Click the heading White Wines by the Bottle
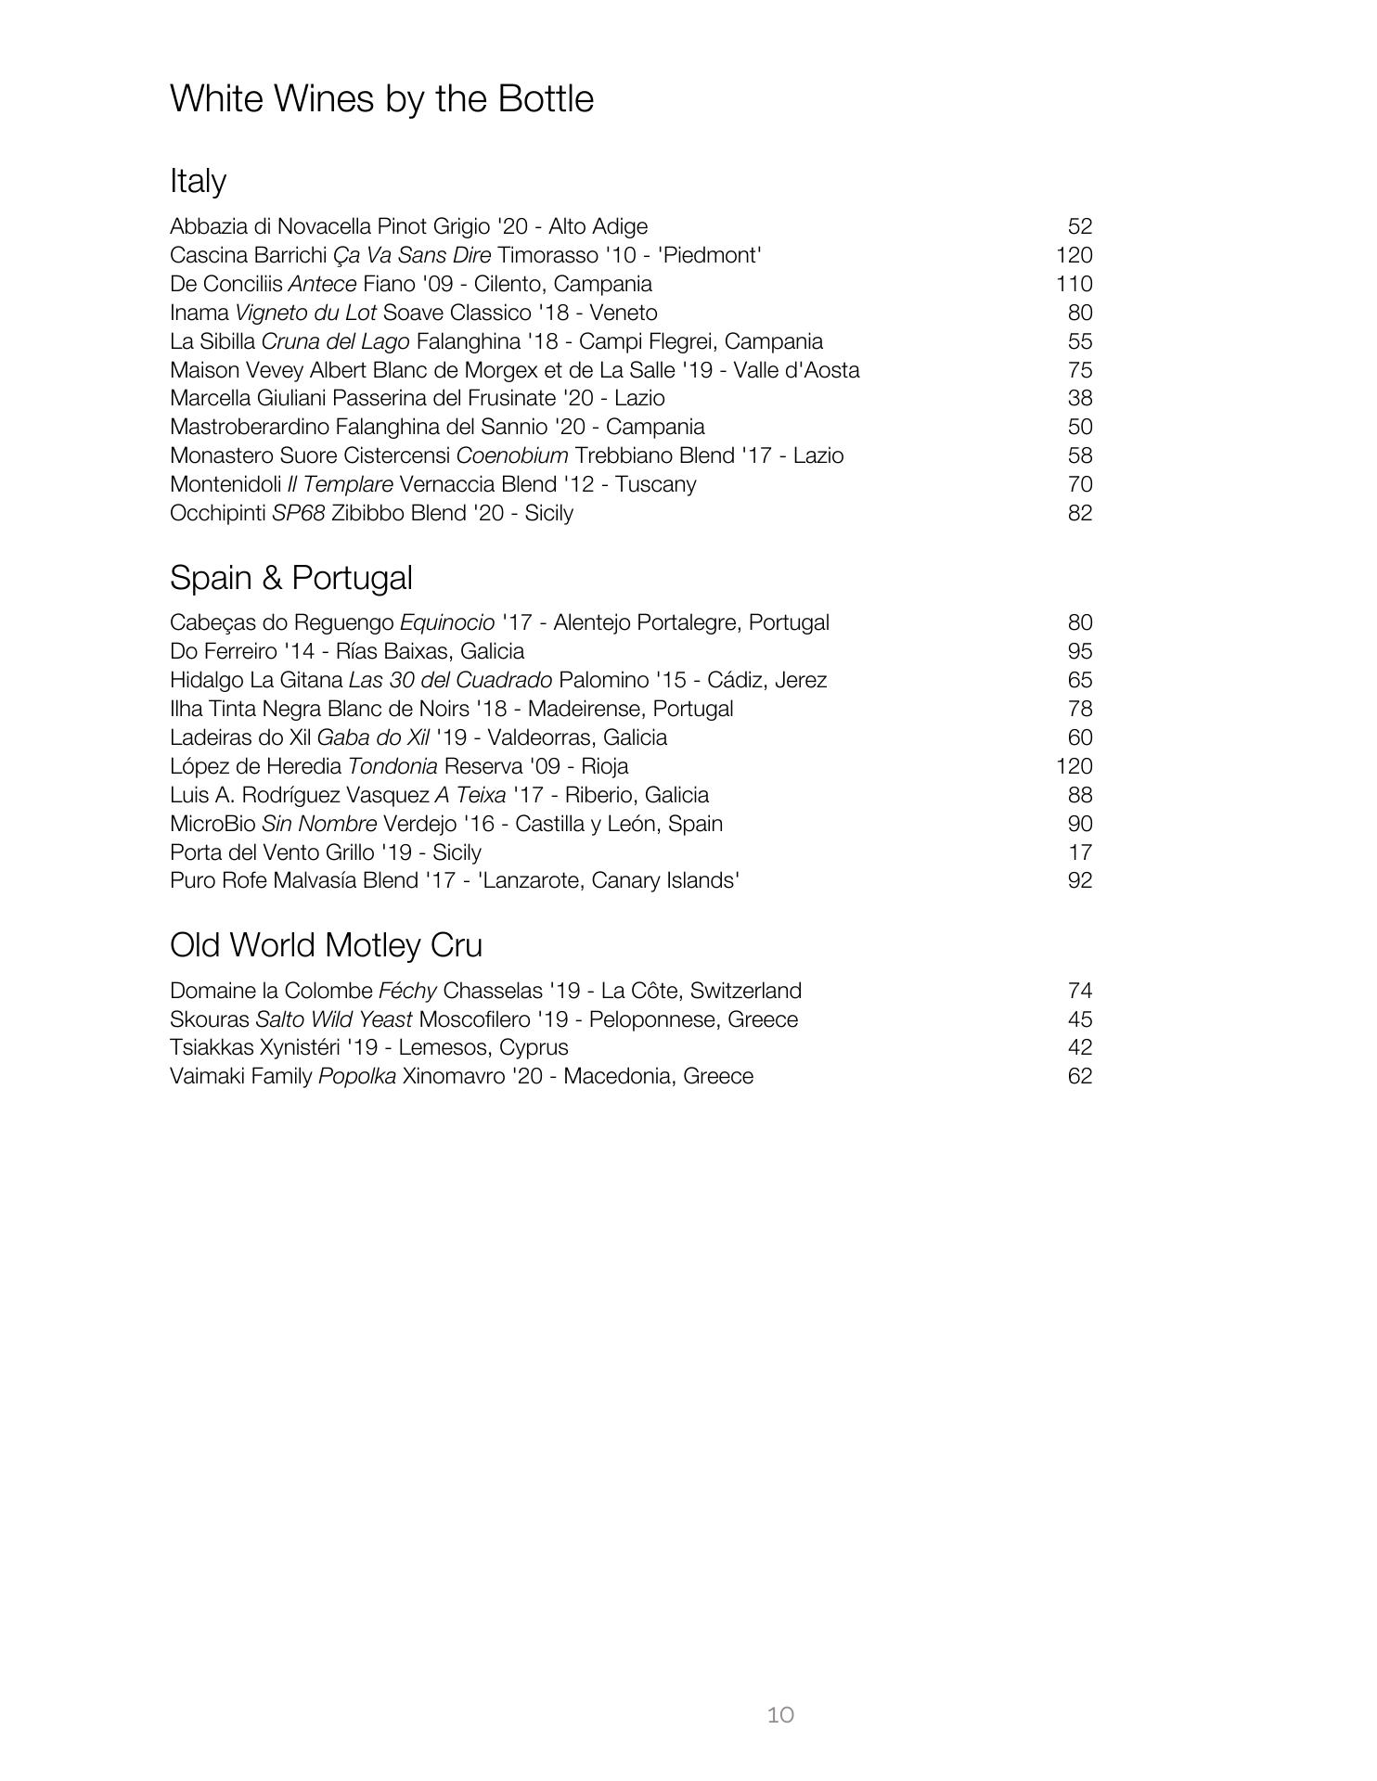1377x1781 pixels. click(381, 99)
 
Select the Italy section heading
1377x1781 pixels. click(198, 180)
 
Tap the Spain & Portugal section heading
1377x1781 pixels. click(290, 578)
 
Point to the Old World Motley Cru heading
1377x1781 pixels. click(326, 945)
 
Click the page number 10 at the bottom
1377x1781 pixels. click(780, 1714)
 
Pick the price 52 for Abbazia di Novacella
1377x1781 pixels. click(1079, 226)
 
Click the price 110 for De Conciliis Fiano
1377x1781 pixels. click(1074, 284)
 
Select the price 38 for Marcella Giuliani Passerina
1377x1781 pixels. click(1079, 398)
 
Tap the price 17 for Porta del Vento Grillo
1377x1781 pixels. click(1079, 852)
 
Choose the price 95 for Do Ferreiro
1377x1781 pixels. click(1079, 651)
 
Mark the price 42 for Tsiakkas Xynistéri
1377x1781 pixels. click(1079, 1047)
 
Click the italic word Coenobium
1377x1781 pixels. click(512, 455)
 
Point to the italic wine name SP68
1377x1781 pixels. click(298, 513)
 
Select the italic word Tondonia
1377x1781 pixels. click(393, 766)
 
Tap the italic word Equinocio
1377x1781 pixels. click(447, 622)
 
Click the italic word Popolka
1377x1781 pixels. click(357, 1076)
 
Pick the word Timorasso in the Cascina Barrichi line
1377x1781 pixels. click(547, 255)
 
